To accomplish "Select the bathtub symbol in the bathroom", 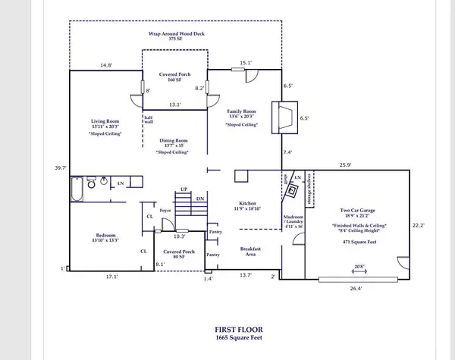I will (77, 189).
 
